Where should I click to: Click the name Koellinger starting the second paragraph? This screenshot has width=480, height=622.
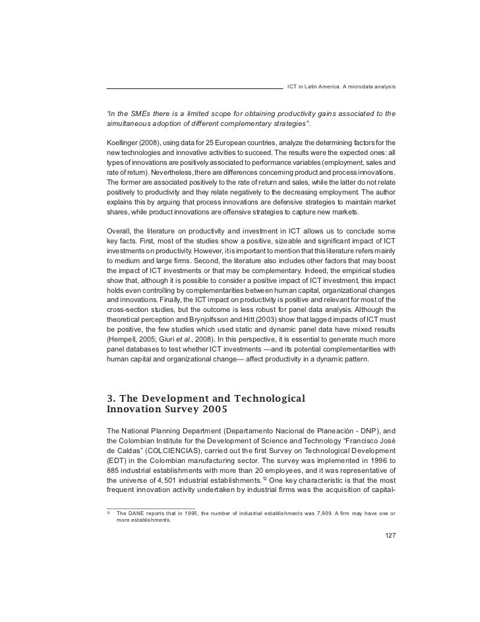123,143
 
